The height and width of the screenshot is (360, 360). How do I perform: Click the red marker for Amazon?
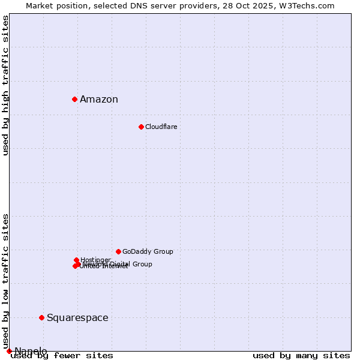74,99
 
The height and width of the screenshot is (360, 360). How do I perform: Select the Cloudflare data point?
141,127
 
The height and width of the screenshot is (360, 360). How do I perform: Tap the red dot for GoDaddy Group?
118,251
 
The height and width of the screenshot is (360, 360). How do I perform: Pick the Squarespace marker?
41,317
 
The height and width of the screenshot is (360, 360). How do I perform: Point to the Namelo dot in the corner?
9,351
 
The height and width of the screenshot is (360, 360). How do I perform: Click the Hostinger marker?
76,260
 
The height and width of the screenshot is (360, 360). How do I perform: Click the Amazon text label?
99,100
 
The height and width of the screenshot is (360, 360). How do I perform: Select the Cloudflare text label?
161,127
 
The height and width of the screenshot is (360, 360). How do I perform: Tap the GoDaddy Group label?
148,251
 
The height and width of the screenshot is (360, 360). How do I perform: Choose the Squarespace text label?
77,318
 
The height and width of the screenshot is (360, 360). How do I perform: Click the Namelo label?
31,351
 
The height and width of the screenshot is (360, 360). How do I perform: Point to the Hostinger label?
95,260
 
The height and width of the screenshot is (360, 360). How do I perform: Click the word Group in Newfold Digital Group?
142,264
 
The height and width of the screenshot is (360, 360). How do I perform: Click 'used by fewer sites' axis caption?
62,356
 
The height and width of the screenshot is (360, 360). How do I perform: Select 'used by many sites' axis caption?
301,356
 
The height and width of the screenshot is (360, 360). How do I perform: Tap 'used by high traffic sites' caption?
6,86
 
